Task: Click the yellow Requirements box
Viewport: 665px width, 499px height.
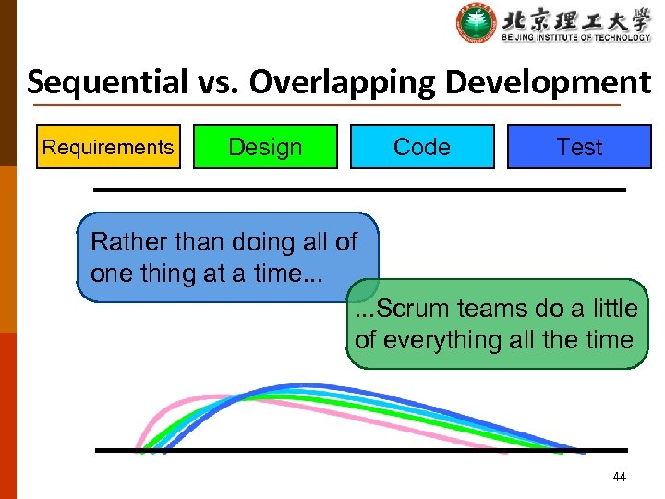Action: (x=108, y=147)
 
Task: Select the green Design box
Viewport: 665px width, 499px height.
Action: (x=265, y=147)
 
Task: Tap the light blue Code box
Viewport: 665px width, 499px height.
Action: (x=422, y=147)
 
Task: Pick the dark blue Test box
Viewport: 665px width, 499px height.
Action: (x=579, y=147)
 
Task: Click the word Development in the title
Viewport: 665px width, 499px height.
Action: (x=549, y=83)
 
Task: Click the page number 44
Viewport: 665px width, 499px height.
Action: (x=619, y=477)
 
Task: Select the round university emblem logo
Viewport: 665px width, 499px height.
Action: (x=477, y=23)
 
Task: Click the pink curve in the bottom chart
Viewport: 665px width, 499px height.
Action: (x=185, y=399)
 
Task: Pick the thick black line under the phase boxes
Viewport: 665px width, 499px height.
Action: (x=360, y=189)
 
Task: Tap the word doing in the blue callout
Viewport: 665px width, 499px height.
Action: (x=235, y=243)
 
